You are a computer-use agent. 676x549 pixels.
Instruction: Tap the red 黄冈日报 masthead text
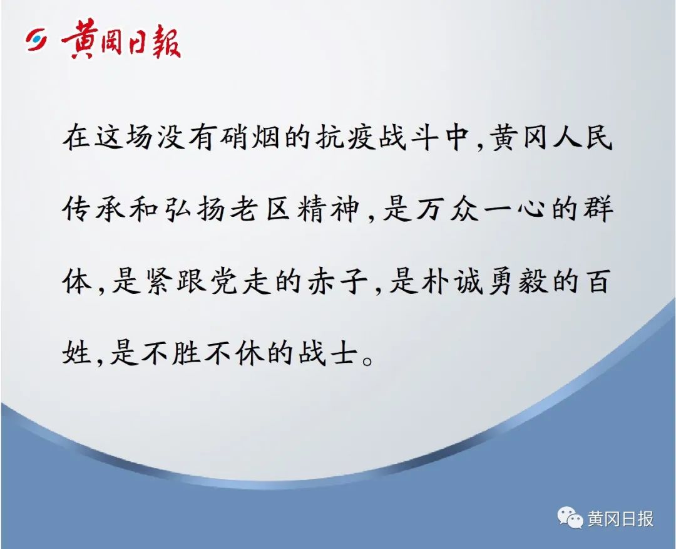pyautogui.click(x=121, y=40)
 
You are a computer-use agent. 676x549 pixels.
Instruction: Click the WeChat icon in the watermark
pyautogui.click(x=570, y=517)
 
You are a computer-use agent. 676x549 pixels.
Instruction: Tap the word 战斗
pyautogui.click(x=407, y=138)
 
